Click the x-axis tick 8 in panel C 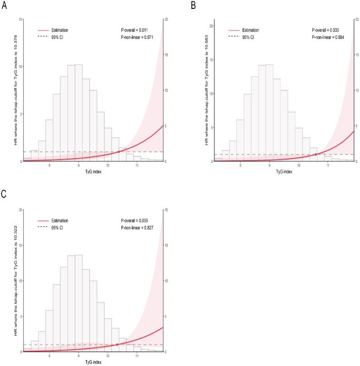[x=49, y=356]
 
